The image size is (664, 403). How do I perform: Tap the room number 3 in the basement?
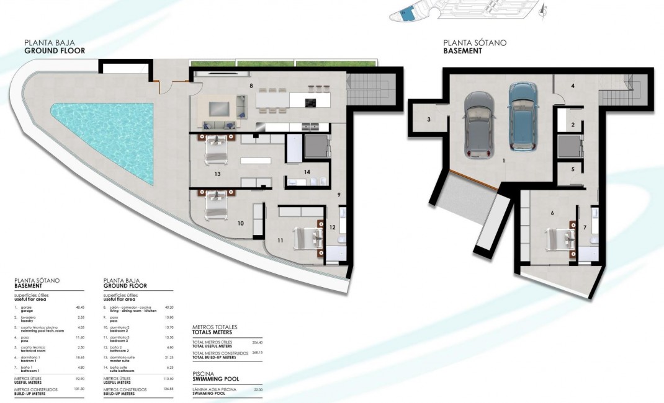pos(429,119)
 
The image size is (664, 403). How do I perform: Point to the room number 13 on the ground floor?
pos(217,174)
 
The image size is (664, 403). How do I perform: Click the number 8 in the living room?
pos(251,85)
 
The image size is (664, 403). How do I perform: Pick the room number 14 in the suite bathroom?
pos(307,172)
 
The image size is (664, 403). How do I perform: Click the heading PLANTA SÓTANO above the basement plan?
pos(475,43)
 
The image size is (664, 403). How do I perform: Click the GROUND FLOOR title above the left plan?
pos(55,51)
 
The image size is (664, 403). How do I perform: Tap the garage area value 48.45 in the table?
pos(78,307)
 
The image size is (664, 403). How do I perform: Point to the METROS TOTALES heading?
pos(215,327)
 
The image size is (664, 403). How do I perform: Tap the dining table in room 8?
pos(272,100)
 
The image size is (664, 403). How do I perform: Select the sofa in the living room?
pos(222,107)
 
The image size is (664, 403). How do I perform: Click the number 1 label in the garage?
pos(503,161)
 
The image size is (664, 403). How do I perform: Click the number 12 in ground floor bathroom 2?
pos(332,227)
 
